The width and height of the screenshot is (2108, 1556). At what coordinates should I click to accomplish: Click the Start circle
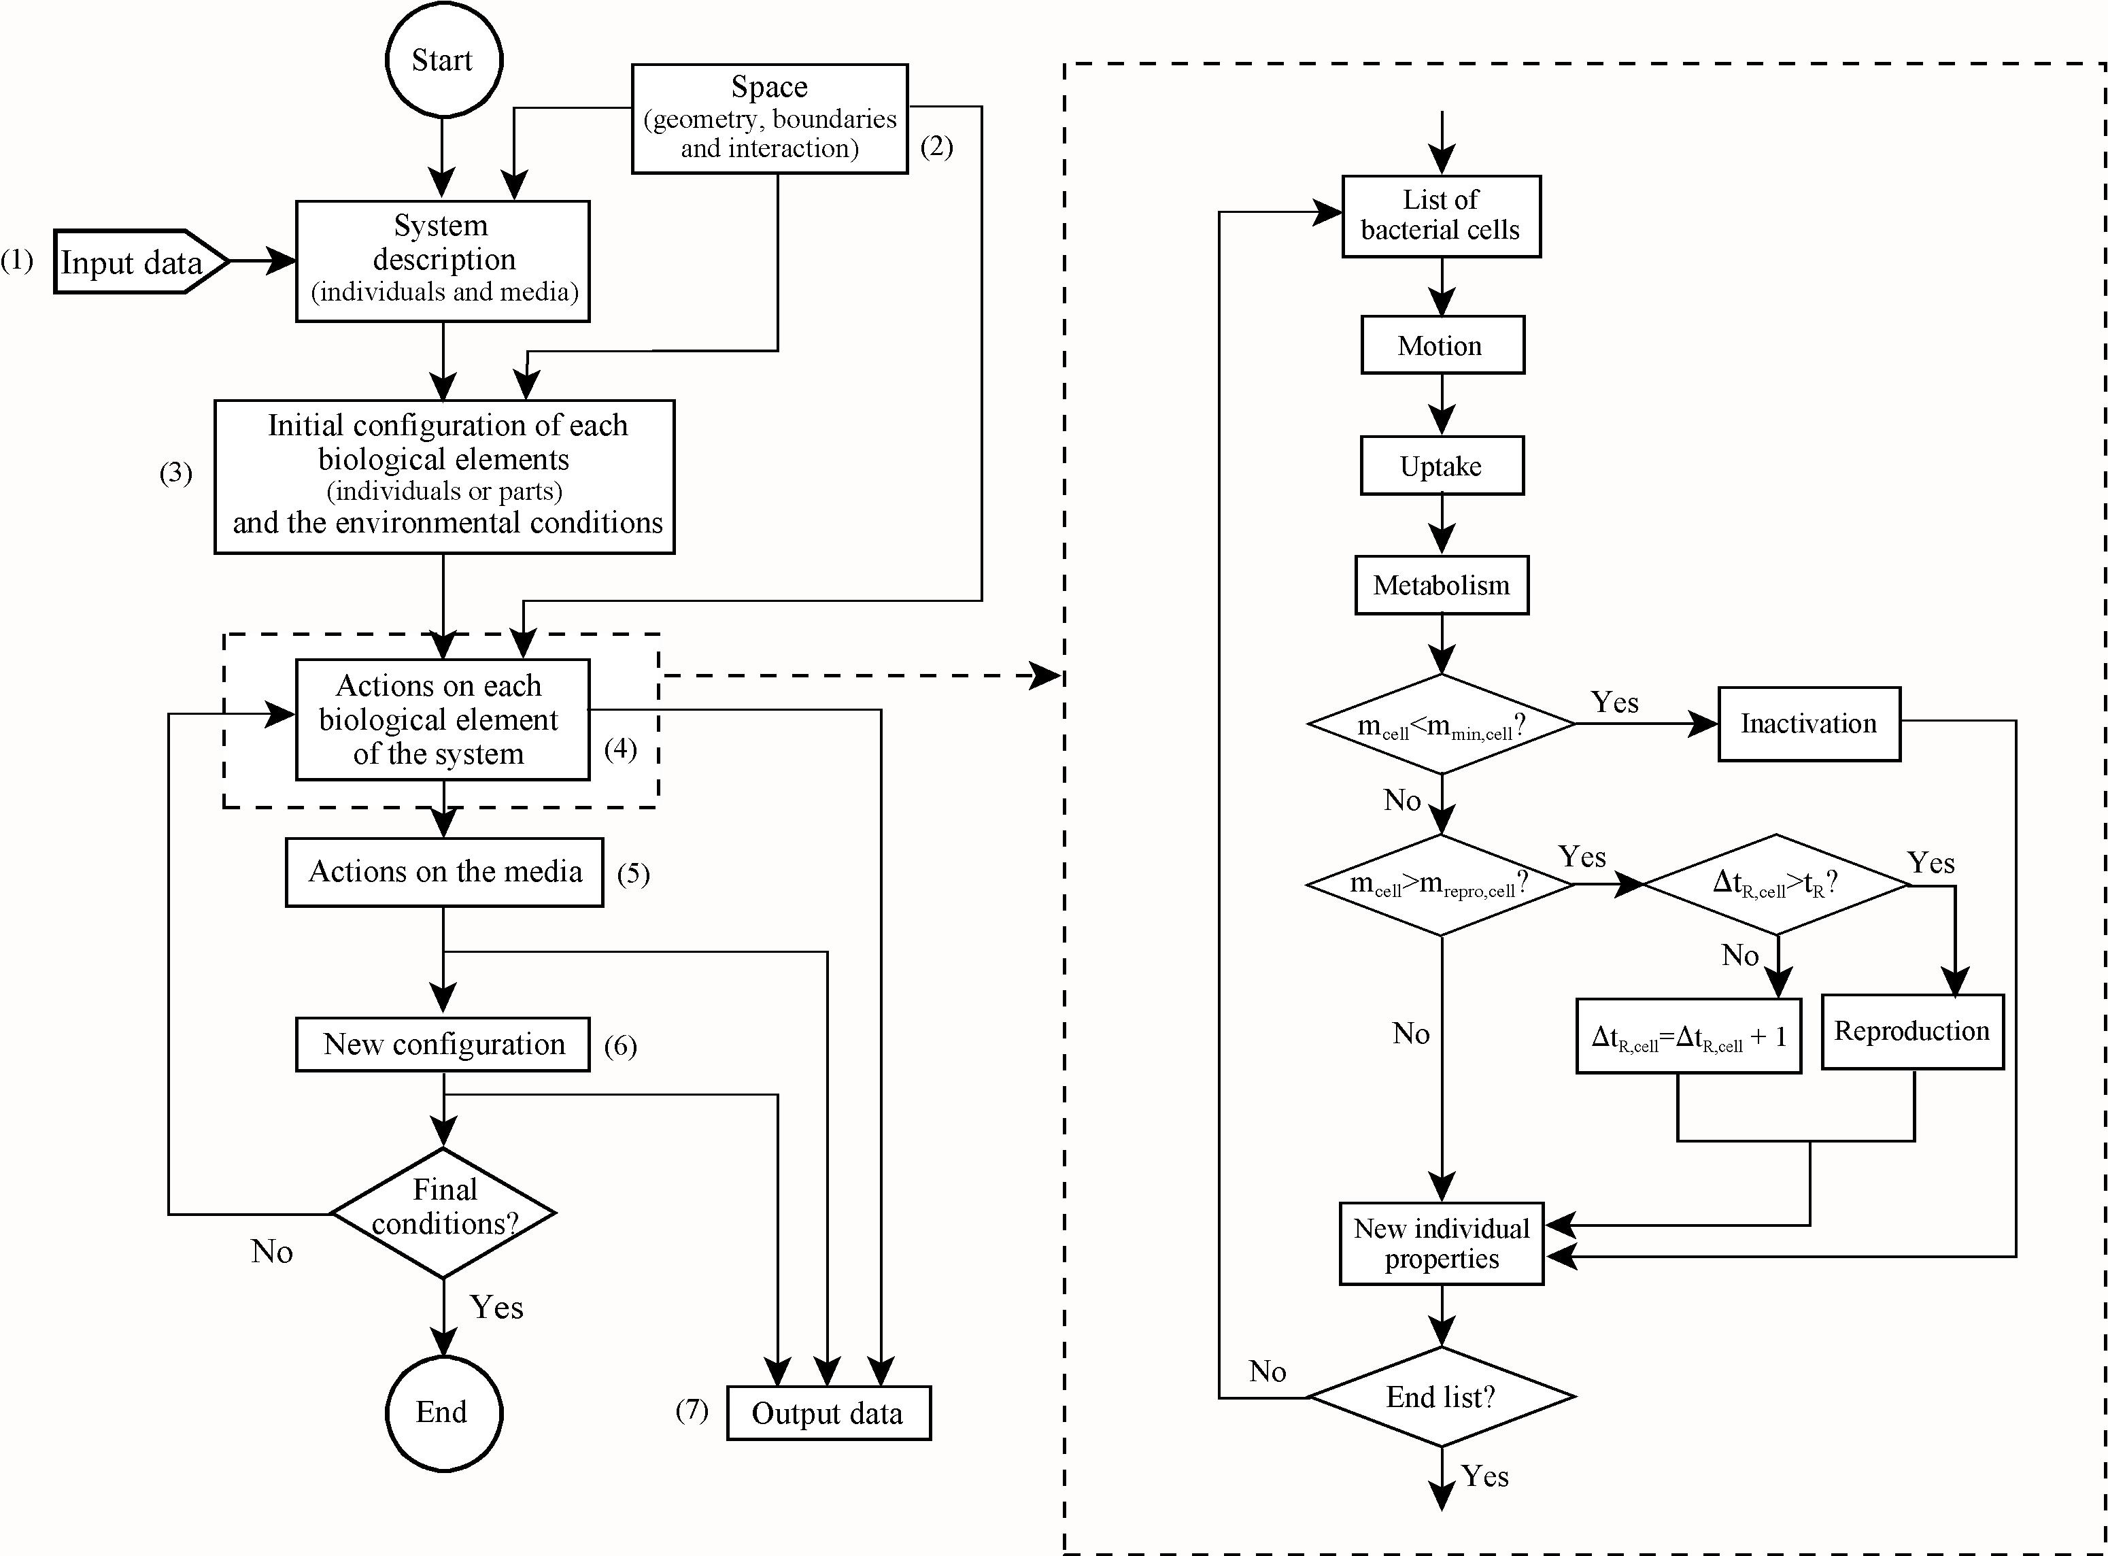click(x=443, y=59)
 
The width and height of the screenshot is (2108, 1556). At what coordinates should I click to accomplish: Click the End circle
click(x=443, y=1412)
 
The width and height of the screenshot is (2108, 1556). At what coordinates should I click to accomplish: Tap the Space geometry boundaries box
click(x=770, y=119)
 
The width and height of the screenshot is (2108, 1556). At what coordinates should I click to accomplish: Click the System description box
click(x=443, y=261)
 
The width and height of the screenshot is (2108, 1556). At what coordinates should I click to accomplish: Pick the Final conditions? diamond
click(x=443, y=1213)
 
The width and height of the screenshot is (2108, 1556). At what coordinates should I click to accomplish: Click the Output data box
click(x=828, y=1413)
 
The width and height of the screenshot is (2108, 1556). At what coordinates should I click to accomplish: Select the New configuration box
click(x=443, y=1045)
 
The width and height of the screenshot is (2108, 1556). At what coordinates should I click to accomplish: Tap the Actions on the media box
click(x=445, y=872)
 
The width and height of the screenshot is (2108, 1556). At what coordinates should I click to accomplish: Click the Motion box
click(x=1441, y=345)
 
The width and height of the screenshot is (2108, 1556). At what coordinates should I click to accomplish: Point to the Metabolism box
click(x=1441, y=585)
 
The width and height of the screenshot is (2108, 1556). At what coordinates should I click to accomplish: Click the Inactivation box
click(x=1809, y=724)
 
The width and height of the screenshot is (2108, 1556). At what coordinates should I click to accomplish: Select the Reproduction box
click(x=1911, y=1032)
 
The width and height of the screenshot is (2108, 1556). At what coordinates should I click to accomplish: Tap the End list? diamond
click(x=1441, y=1397)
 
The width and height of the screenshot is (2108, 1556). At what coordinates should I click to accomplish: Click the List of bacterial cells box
click(x=1441, y=216)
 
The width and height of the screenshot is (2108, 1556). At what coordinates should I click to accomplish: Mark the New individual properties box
click(x=1441, y=1243)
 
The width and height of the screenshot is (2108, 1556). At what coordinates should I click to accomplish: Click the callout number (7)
click(x=692, y=1410)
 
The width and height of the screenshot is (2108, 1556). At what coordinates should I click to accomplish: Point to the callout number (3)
click(x=176, y=472)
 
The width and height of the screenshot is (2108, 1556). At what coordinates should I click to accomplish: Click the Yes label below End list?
click(x=1485, y=1476)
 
